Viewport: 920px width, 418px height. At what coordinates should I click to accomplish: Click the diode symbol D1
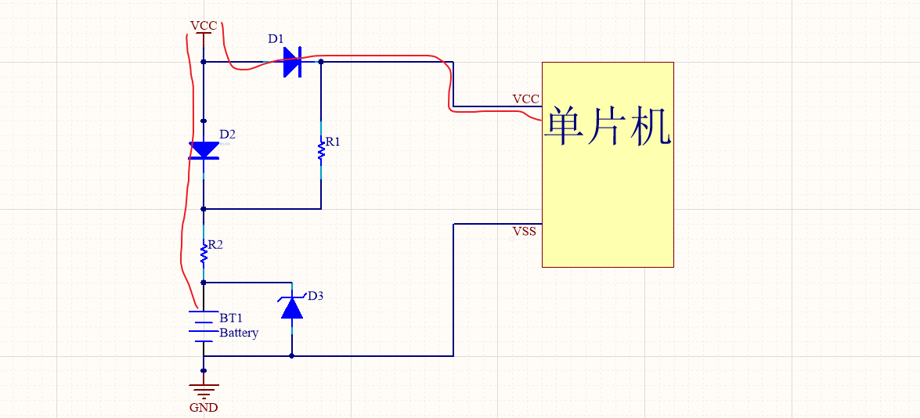pos(292,62)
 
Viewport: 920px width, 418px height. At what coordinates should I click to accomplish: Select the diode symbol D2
pos(204,150)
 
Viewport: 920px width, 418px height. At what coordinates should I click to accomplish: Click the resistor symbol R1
pos(321,150)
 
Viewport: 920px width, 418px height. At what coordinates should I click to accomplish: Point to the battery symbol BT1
pos(204,326)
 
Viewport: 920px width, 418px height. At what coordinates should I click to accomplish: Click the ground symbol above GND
pos(204,389)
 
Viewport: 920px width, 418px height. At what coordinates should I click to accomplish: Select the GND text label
pos(204,407)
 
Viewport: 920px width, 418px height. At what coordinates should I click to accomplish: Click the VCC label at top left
pos(204,26)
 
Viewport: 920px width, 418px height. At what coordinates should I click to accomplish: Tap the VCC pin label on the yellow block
pos(525,99)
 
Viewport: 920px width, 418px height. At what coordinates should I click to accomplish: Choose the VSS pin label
pos(525,232)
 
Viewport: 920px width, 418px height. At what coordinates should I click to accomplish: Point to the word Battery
pos(239,333)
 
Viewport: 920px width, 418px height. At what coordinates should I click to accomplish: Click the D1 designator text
pos(276,38)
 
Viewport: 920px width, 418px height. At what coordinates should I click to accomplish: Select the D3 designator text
pos(315,296)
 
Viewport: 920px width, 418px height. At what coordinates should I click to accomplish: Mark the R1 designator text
pos(334,142)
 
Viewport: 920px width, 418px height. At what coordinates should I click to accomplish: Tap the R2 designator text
pos(215,244)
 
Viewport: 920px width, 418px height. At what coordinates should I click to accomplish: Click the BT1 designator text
pos(231,319)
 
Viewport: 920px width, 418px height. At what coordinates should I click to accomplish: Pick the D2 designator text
pos(227,134)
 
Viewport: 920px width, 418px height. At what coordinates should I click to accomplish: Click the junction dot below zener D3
pos(292,355)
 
